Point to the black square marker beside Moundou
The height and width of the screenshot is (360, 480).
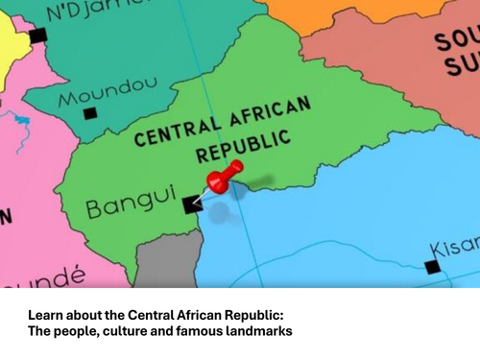(89, 113)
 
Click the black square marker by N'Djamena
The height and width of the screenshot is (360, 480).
(37, 36)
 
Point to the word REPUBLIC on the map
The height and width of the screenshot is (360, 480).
(243, 146)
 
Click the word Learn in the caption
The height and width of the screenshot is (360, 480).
(46, 315)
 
